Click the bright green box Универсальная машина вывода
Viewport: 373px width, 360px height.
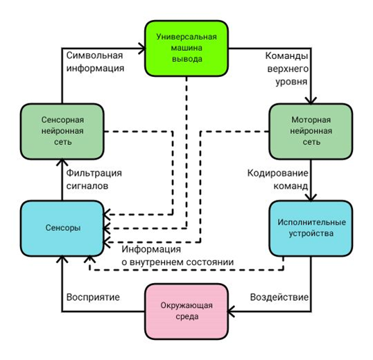click(186, 49)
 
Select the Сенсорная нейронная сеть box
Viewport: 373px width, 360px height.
click(62, 131)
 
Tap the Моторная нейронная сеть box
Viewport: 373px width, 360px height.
click(311, 131)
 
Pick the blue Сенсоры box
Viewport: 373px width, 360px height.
click(62, 228)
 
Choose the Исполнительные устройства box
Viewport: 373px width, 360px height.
click(311, 228)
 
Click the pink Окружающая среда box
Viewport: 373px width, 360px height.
click(186, 311)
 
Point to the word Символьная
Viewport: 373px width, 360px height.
click(94, 55)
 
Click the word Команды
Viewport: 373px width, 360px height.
click(286, 56)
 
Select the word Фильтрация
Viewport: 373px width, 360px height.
click(94, 173)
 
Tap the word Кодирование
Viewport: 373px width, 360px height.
click(277, 173)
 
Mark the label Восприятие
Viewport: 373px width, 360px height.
click(93, 297)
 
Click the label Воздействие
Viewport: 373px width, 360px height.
click(279, 297)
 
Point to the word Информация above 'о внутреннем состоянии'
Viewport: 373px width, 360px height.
click(151, 249)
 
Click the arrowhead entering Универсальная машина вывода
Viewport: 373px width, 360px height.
click(142, 49)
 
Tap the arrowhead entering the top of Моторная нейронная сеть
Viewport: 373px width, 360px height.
click(311, 101)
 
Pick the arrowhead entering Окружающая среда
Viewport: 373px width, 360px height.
click(232, 311)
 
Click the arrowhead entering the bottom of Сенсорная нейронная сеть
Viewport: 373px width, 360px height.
click(62, 162)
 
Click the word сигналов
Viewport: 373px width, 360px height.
click(87, 186)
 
